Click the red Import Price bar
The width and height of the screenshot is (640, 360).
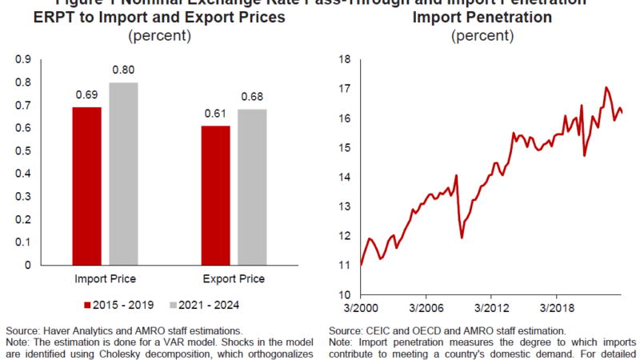tap(87, 186)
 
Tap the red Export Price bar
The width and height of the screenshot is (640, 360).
tap(215, 195)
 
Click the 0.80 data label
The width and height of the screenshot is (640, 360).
tap(122, 70)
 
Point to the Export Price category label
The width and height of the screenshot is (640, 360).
tap(234, 279)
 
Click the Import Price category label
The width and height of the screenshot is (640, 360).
tap(105, 279)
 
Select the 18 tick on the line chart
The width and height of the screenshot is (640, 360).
tap(346, 59)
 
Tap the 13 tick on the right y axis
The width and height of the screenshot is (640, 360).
tap(346, 206)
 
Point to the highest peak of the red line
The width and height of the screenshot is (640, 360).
tap(606, 87)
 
